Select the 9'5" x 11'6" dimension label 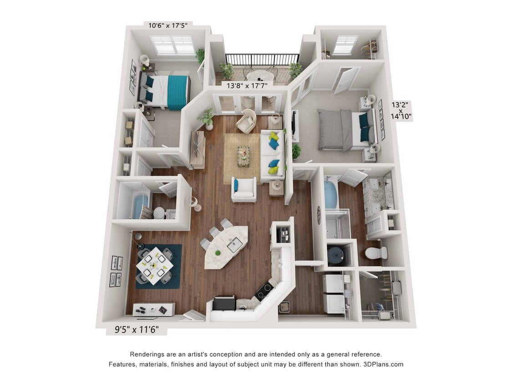click(x=136, y=329)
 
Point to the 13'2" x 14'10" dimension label click(x=402, y=110)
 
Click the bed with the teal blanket click(x=166, y=91)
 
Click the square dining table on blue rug click(x=155, y=265)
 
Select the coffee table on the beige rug click(x=243, y=154)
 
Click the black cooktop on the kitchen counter click(x=264, y=291)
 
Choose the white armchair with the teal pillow click(x=243, y=189)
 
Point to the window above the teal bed click(x=172, y=45)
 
